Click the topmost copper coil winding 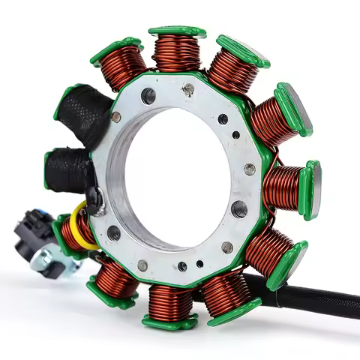pyautogui.click(x=178, y=53)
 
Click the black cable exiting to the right pyautogui.click(x=315, y=296)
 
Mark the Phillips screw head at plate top pyautogui.click(x=188, y=90)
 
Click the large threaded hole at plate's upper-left pyautogui.click(x=148, y=96)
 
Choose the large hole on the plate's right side pyautogui.click(x=239, y=208)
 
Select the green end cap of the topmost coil pyautogui.click(x=177, y=31)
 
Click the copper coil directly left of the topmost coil pyautogui.click(x=124, y=66)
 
